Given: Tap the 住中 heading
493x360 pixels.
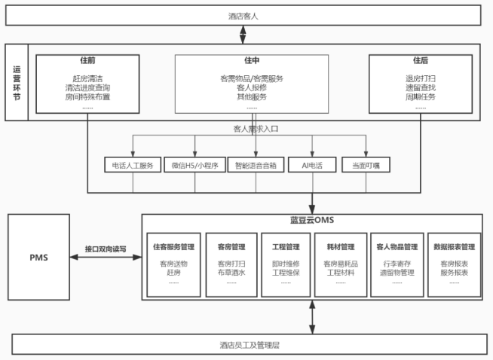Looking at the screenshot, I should click(252, 60).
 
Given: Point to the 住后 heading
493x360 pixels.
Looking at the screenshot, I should click(420, 60).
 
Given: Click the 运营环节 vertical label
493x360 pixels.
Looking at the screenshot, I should click(16, 82).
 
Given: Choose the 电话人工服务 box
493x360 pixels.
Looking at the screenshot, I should click(133, 165).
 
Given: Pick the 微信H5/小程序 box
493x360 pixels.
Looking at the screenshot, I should click(194, 165).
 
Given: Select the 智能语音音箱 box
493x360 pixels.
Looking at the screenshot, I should click(256, 165).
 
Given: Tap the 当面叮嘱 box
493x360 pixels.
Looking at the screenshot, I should click(366, 165).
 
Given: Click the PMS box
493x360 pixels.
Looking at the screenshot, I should click(38, 257).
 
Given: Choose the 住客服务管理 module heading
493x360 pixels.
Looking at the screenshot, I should click(173, 246).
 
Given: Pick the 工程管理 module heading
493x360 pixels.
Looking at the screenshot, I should click(286, 246).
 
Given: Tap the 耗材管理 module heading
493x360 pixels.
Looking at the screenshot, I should click(341, 246).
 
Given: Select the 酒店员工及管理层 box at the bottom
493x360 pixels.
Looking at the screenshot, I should click(246, 345).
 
